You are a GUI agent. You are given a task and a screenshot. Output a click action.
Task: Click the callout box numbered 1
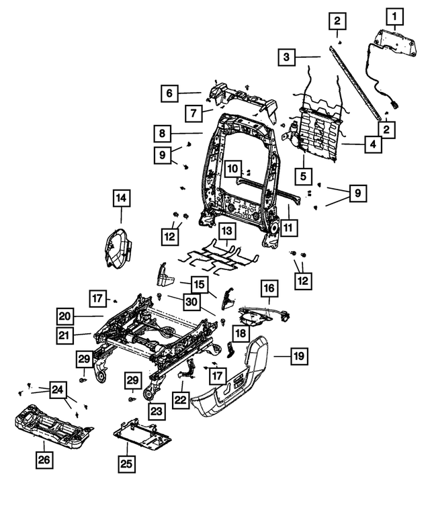click(395, 14)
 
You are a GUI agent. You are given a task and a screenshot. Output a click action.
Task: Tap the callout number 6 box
click(169, 92)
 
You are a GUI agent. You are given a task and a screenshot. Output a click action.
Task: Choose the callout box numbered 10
click(232, 167)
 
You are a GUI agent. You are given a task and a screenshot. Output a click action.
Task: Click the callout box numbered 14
click(121, 198)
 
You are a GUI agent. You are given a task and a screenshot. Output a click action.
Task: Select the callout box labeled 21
click(64, 334)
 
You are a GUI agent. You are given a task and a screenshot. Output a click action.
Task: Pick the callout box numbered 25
click(127, 464)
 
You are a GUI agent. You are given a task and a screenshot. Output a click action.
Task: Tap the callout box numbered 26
click(44, 460)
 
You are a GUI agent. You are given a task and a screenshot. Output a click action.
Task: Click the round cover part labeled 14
click(118, 248)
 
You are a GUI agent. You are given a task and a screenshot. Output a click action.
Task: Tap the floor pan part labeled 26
click(54, 427)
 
